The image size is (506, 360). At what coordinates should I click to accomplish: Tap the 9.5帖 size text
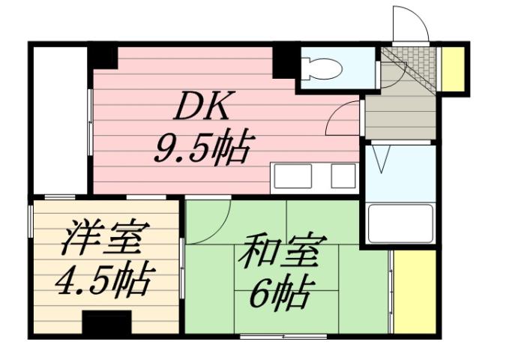tap(202, 148)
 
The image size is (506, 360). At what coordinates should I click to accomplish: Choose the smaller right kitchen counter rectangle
tap(343, 175)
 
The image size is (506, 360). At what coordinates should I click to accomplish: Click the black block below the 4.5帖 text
tap(106, 323)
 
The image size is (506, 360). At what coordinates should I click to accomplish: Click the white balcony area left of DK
tap(60, 120)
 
